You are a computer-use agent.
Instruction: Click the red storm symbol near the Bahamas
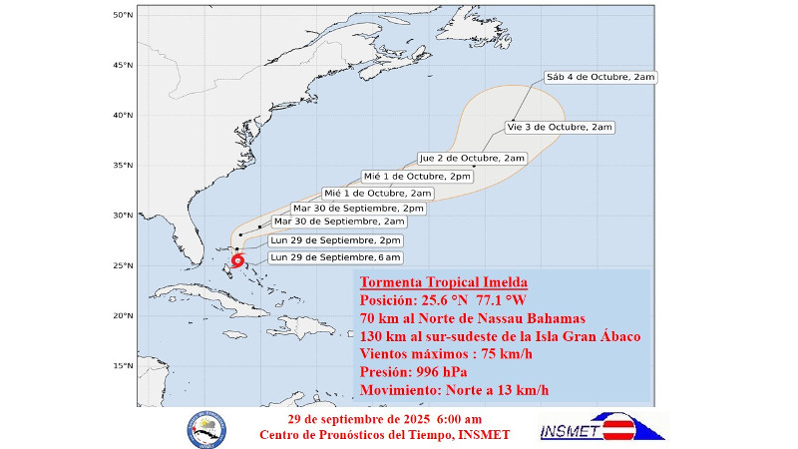(237, 260)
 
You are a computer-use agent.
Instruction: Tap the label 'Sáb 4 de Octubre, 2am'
(600, 77)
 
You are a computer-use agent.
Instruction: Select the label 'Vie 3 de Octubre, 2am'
(560, 127)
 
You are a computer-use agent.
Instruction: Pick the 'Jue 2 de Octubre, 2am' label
(472, 158)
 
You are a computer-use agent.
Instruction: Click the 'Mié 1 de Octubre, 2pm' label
(417, 176)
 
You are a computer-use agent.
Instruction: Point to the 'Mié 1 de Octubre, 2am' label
(378, 193)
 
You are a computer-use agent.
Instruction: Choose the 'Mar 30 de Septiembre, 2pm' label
(351, 208)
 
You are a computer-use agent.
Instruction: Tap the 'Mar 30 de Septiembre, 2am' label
(339, 222)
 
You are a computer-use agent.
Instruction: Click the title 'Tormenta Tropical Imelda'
(444, 281)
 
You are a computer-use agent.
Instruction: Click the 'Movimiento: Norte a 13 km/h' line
(454, 389)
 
